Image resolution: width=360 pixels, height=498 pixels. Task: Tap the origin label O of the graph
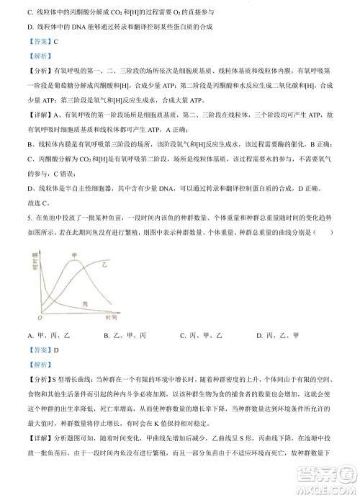pyautogui.click(x=39, y=318)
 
